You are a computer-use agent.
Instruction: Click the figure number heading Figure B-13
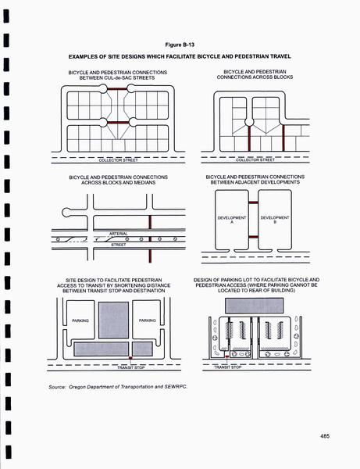pos(180,45)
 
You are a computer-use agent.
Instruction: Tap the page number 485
pos(325,436)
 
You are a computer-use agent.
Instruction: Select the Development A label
pos(232,220)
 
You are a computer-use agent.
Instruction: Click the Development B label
pos(275,220)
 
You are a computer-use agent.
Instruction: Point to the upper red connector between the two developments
pos(253,202)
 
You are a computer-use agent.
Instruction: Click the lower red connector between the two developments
pos(253,237)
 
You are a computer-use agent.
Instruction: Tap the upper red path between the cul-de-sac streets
pos(117,88)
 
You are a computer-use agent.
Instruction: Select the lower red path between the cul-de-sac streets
pos(117,123)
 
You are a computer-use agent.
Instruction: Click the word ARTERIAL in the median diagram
pos(119,234)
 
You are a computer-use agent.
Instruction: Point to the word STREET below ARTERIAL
pos(119,245)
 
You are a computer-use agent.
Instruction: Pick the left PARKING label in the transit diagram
pos(80,320)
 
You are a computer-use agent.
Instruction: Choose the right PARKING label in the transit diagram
pos(148,320)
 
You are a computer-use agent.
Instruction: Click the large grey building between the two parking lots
pos(113,320)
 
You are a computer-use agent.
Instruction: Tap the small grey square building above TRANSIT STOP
pos(142,349)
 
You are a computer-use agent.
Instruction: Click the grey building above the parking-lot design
pos(255,306)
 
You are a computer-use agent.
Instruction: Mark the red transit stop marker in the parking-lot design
pos(227,356)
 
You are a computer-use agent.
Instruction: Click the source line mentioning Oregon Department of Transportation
pos(118,387)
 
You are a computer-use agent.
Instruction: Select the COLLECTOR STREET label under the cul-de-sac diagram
pos(118,160)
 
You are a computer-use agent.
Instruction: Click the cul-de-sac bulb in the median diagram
pos(67,213)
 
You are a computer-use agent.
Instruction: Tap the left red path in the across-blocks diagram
pos(249,138)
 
